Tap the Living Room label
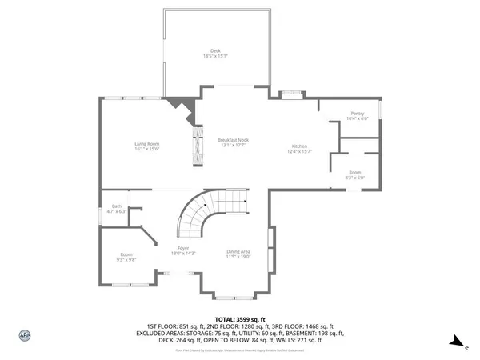click(146, 144)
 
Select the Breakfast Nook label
click(233, 140)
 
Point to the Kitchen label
click(300, 146)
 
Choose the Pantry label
click(358, 114)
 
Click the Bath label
click(117, 206)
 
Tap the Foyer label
click(183, 249)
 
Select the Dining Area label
click(238, 251)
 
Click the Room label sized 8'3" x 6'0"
click(354, 172)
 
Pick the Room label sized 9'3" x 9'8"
click(126, 254)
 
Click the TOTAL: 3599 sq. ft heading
click(239, 318)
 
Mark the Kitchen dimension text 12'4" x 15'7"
click(300, 151)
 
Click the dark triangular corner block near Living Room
click(179, 106)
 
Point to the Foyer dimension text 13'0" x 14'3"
click(183, 254)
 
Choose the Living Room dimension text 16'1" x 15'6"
click(146, 150)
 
